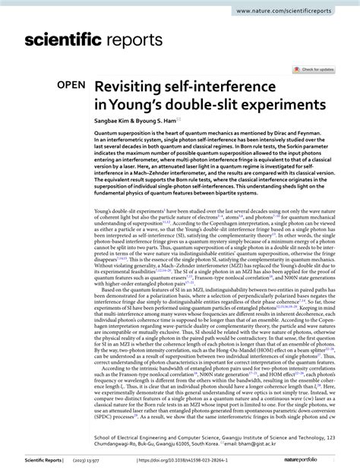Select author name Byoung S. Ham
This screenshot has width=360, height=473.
(x=157, y=121)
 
